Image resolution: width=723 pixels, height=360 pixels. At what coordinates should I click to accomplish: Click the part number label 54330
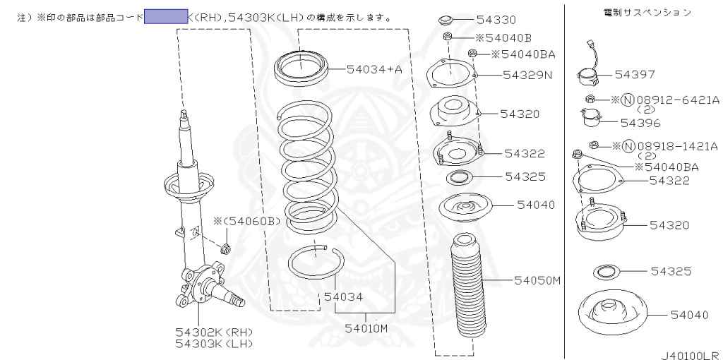tap(496, 20)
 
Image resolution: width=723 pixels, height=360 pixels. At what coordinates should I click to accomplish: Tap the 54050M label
tap(537, 280)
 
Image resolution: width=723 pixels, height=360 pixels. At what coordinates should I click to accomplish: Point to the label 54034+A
tap(374, 68)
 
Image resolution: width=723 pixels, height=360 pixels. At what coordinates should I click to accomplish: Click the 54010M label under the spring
tap(366, 328)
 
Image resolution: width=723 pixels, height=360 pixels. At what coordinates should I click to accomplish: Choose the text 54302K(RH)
tap(214, 332)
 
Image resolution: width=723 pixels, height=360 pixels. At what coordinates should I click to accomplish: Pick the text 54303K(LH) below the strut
tap(214, 343)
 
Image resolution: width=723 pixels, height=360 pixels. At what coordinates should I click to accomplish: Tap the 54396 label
tap(640, 123)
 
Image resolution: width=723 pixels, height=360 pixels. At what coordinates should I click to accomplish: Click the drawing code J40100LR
tap(690, 356)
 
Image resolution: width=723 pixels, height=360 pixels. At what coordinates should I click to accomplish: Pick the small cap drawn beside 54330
tap(446, 20)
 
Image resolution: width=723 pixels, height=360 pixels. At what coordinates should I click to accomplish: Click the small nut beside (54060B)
tap(226, 247)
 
